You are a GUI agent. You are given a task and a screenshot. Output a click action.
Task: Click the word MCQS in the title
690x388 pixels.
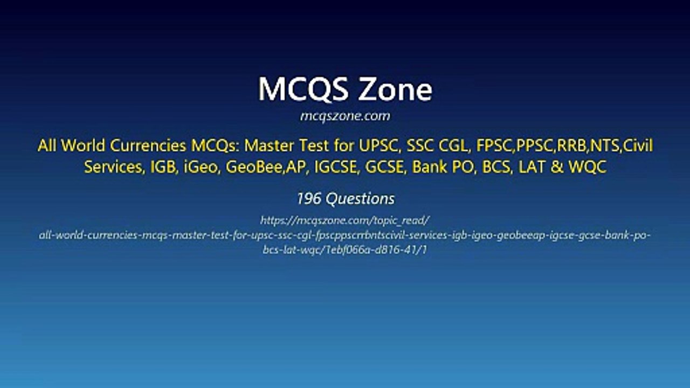tap(303, 89)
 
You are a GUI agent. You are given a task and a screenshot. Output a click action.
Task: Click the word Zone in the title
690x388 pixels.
tap(396, 89)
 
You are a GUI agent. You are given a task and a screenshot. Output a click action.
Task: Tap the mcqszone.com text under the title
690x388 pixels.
tap(345, 116)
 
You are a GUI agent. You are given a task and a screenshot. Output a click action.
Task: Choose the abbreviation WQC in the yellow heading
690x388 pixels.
tap(587, 167)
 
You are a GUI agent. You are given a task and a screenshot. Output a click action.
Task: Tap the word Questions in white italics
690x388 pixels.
tap(360, 199)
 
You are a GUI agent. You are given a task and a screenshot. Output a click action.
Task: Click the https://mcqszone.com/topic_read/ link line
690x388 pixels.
tap(344, 220)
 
